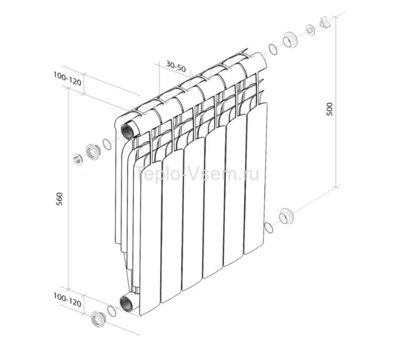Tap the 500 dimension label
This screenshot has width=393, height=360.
(329, 108)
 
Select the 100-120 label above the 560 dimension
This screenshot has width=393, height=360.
(67, 76)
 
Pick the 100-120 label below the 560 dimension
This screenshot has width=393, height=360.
(67, 300)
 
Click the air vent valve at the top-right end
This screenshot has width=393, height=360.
(325, 23)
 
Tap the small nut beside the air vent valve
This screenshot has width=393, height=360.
(310, 30)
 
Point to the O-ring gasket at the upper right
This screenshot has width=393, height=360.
(272, 49)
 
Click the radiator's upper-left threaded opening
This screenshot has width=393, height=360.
(128, 129)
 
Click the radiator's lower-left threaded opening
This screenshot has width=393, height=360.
(127, 302)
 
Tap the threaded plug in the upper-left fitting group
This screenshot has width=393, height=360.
(93, 151)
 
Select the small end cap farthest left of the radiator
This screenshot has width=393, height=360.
(78, 159)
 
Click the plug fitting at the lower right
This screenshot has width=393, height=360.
(286, 215)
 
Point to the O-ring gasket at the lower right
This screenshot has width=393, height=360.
(269, 227)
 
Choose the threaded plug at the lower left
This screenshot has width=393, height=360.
(97, 318)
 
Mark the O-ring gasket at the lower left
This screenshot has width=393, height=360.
(111, 311)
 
